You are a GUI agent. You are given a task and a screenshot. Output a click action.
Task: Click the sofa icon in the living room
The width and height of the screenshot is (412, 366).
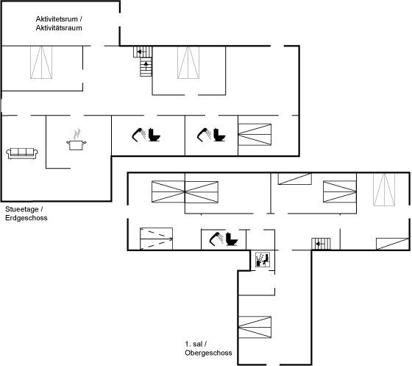point(22,153)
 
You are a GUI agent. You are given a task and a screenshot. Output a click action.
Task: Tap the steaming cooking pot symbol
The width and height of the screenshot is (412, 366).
point(77,140)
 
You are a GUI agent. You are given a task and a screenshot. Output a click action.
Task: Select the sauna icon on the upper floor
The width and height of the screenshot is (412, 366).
point(263,260)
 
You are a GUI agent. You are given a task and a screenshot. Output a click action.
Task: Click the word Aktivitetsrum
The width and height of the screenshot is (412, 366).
point(57,19)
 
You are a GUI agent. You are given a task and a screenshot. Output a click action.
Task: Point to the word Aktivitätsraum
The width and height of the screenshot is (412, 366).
point(59,27)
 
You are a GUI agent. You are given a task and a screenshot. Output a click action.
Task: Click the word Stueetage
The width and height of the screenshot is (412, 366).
point(22,209)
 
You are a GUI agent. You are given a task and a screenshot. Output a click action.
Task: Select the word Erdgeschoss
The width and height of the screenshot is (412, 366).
point(26,218)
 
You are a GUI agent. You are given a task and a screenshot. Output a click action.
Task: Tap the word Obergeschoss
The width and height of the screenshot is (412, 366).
point(208,353)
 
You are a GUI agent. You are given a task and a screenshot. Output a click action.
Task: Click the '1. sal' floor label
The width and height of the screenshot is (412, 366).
point(193,344)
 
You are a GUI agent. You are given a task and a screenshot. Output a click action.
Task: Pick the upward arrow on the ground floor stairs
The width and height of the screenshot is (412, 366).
point(146,66)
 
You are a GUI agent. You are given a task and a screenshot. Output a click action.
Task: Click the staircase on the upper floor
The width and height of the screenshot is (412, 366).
point(321,244)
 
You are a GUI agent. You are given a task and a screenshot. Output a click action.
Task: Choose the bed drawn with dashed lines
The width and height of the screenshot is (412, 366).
point(156,239)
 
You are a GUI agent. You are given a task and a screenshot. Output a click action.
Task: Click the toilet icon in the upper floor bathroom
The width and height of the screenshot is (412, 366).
point(232,239)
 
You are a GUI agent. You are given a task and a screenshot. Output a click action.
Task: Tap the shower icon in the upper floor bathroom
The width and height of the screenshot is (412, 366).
point(216,239)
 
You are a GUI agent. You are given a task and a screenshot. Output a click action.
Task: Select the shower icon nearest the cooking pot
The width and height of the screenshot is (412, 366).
point(139,135)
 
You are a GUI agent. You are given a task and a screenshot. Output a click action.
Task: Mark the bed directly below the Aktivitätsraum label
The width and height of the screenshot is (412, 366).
point(41,63)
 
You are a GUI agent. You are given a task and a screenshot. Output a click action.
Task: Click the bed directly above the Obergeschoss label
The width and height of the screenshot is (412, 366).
point(255,327)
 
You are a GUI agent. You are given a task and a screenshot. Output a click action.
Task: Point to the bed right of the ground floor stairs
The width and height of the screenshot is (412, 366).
point(188,63)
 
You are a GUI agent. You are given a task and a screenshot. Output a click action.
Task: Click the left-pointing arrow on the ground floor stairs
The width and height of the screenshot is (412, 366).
point(140,52)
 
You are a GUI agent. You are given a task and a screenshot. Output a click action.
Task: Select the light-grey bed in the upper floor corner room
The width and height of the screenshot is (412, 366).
point(384,189)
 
